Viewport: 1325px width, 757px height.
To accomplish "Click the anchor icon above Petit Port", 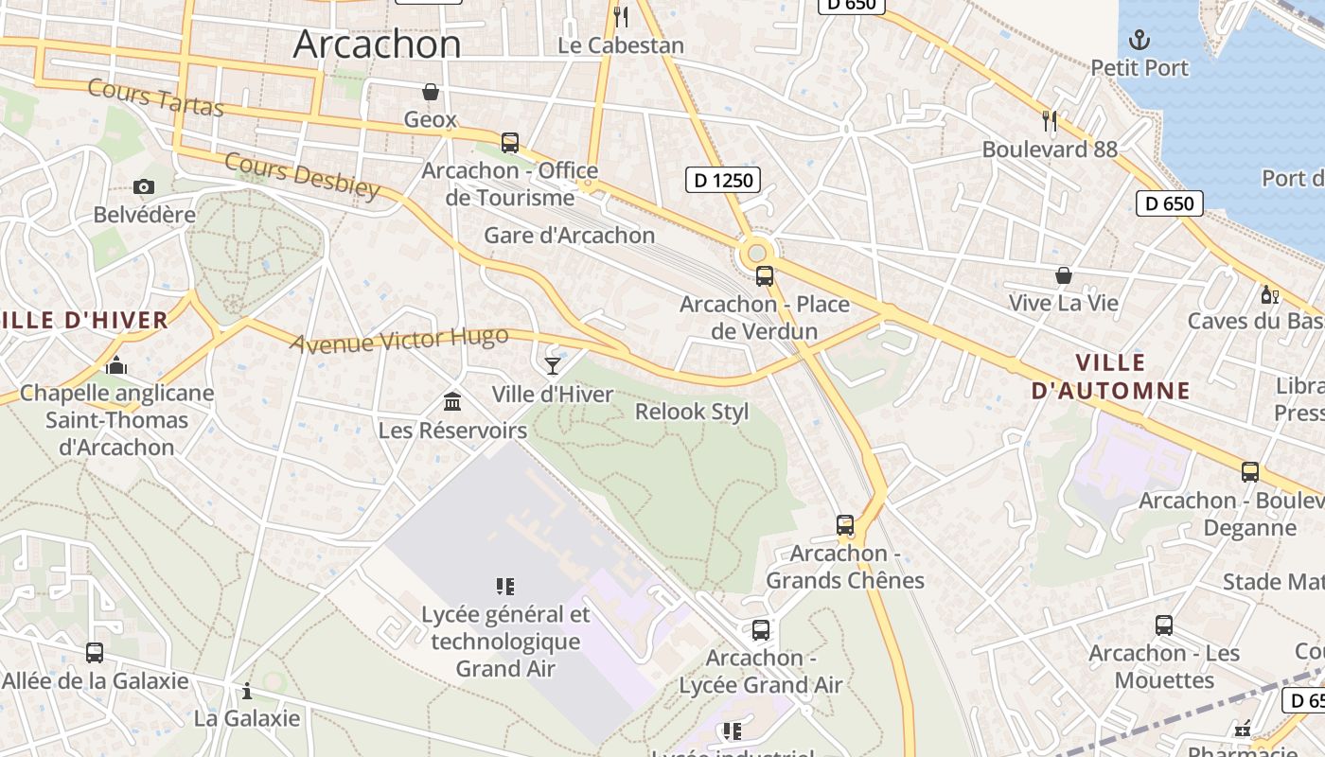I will point(1139,40).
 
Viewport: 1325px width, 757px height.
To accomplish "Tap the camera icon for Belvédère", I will point(144,186).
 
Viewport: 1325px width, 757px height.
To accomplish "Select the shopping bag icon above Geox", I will point(431,92).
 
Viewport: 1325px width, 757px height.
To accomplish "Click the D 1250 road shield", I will point(723,179).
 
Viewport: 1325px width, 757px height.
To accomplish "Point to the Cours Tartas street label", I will point(156,98).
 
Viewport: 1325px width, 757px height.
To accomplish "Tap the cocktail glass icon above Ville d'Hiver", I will point(553,365).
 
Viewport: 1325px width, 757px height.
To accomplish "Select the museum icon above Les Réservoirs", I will point(452,401).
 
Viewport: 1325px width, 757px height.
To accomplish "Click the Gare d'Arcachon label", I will point(569,235).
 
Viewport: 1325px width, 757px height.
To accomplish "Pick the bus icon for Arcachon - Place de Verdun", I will point(765,276).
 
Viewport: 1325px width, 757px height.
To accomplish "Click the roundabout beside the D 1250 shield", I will point(755,253).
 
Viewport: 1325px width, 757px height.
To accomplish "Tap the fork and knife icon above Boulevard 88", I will point(1049,120).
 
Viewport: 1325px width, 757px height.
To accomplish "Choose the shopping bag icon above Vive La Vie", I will point(1064,275).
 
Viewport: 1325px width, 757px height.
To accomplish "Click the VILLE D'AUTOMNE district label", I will point(1110,377).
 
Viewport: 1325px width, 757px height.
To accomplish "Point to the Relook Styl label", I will point(691,412).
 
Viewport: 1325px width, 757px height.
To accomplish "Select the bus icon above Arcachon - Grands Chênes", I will point(845,525).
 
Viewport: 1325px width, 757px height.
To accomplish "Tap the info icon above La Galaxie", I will point(247,691).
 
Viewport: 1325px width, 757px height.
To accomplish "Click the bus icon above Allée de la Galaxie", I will point(95,653).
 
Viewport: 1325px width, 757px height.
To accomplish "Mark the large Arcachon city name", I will point(377,44).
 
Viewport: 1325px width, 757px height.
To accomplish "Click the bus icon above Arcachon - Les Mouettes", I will point(1164,625).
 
